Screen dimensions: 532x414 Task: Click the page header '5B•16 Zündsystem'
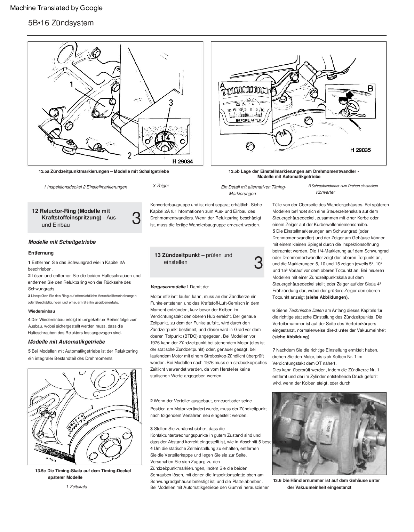61,23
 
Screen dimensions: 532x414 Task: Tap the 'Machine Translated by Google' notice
56,8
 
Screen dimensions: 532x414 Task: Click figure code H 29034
182,161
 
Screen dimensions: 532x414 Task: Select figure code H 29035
360,150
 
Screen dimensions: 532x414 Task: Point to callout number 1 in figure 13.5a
72,84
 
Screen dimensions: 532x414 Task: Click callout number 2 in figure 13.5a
129,156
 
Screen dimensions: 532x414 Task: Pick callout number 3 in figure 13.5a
171,102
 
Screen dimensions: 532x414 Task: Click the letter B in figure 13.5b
370,89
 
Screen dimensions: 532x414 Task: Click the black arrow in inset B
349,94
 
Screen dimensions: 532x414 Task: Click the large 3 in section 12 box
136,218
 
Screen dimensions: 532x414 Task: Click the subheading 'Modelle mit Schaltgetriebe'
62,242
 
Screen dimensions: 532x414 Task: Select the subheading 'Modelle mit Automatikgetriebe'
66,342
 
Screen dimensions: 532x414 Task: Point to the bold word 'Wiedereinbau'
41,311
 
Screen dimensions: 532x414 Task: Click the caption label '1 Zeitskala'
77,487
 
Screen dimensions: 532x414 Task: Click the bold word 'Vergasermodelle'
168,287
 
